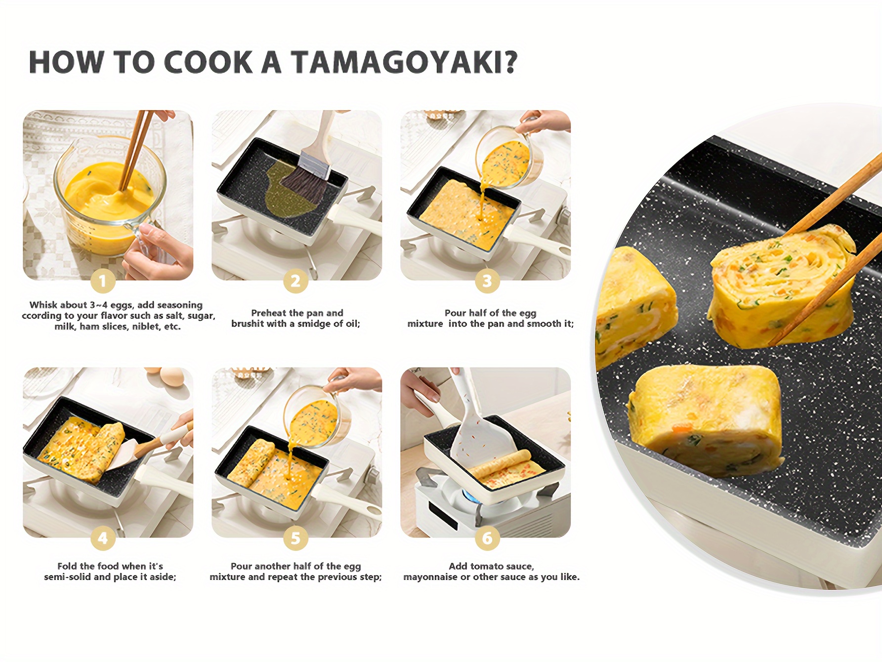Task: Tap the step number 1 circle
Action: (103, 281)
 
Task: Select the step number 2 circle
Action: (295, 281)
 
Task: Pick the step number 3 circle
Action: (487, 281)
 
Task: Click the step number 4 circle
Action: (103, 538)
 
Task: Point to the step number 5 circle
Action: (295, 538)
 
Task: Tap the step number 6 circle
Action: (487, 538)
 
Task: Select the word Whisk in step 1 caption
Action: (43, 305)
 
